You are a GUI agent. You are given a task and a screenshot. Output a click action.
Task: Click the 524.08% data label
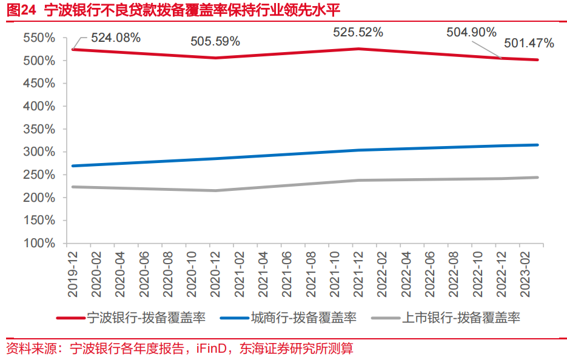116,38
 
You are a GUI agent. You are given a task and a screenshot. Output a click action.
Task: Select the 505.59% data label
215,42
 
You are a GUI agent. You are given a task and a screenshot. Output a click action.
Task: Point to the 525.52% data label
358,33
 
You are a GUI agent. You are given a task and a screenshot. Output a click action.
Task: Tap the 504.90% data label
471,32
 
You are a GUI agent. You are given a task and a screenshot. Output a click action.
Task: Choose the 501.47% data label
529,43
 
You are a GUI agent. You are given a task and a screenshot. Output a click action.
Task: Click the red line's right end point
538,59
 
